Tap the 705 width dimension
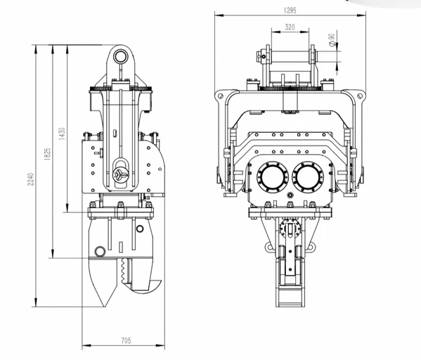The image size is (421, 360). coord(126,341)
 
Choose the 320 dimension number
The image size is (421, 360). coord(289,27)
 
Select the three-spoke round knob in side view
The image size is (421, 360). coord(120,173)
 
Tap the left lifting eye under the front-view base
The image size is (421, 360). coord(268,247)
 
